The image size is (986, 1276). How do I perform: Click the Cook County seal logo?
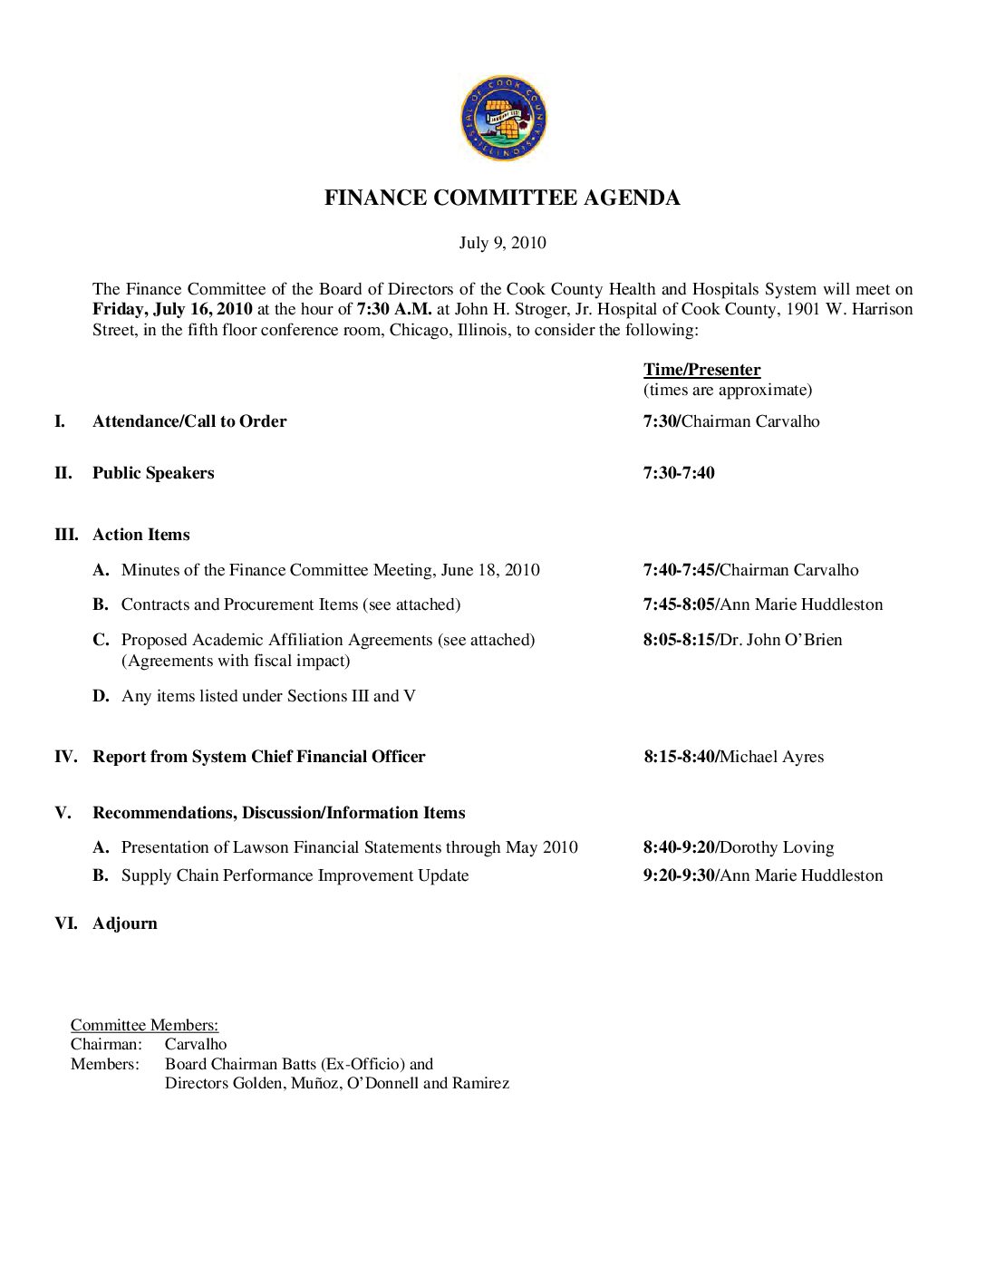pos(503,118)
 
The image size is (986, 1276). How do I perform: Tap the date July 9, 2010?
pos(502,243)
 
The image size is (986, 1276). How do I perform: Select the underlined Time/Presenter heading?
pos(701,370)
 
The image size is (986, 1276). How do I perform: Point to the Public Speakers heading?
pos(153,473)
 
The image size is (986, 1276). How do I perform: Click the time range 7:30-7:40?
pos(679,473)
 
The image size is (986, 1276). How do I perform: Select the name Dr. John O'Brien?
pos(781,640)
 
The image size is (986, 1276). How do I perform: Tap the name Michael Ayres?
pos(772,757)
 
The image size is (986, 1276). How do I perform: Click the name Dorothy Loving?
pos(777,847)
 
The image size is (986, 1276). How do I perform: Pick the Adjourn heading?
pos(125,923)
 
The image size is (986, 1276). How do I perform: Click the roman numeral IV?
pos(65,757)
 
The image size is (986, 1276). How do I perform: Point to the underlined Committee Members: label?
pos(145,1025)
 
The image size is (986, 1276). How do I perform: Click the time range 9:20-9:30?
pos(679,875)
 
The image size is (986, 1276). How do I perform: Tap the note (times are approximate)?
pos(728,390)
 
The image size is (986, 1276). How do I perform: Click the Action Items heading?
pos(141,535)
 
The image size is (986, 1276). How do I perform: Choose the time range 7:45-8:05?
pos(679,604)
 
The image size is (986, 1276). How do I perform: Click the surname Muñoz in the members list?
pos(315,1083)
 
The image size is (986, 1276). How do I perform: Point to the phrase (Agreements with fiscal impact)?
pos(236,661)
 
